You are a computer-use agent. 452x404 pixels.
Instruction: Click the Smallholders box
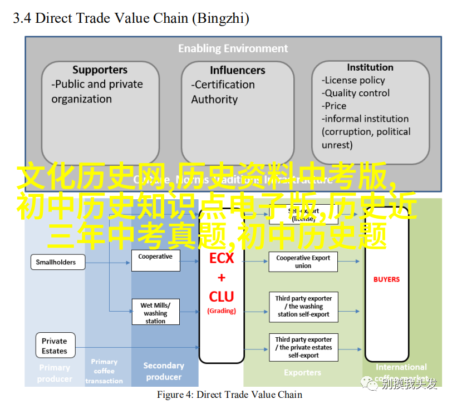(56, 262)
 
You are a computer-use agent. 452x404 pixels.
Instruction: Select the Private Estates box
(54, 346)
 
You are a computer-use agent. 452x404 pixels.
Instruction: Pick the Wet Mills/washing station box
(155, 313)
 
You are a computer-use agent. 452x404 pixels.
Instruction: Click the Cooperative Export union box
(303, 262)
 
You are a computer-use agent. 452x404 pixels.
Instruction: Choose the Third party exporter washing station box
(303, 307)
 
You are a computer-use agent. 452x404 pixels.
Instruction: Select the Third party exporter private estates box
(303, 347)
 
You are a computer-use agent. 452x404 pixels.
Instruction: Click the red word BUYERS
(386, 279)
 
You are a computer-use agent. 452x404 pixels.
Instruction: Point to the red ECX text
(222, 259)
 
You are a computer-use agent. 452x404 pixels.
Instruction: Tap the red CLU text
(222, 297)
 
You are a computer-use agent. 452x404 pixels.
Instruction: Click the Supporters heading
(100, 70)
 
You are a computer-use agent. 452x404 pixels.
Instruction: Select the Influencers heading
(238, 71)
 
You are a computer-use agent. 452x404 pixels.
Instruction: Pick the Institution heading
(370, 67)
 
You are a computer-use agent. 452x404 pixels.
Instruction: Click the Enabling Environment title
(233, 48)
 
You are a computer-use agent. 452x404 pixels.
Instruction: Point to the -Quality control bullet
(356, 93)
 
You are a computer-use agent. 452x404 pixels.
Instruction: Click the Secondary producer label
(164, 371)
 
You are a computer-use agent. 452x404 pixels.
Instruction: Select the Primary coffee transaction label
(104, 371)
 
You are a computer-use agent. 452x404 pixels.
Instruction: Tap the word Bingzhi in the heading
(220, 18)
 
